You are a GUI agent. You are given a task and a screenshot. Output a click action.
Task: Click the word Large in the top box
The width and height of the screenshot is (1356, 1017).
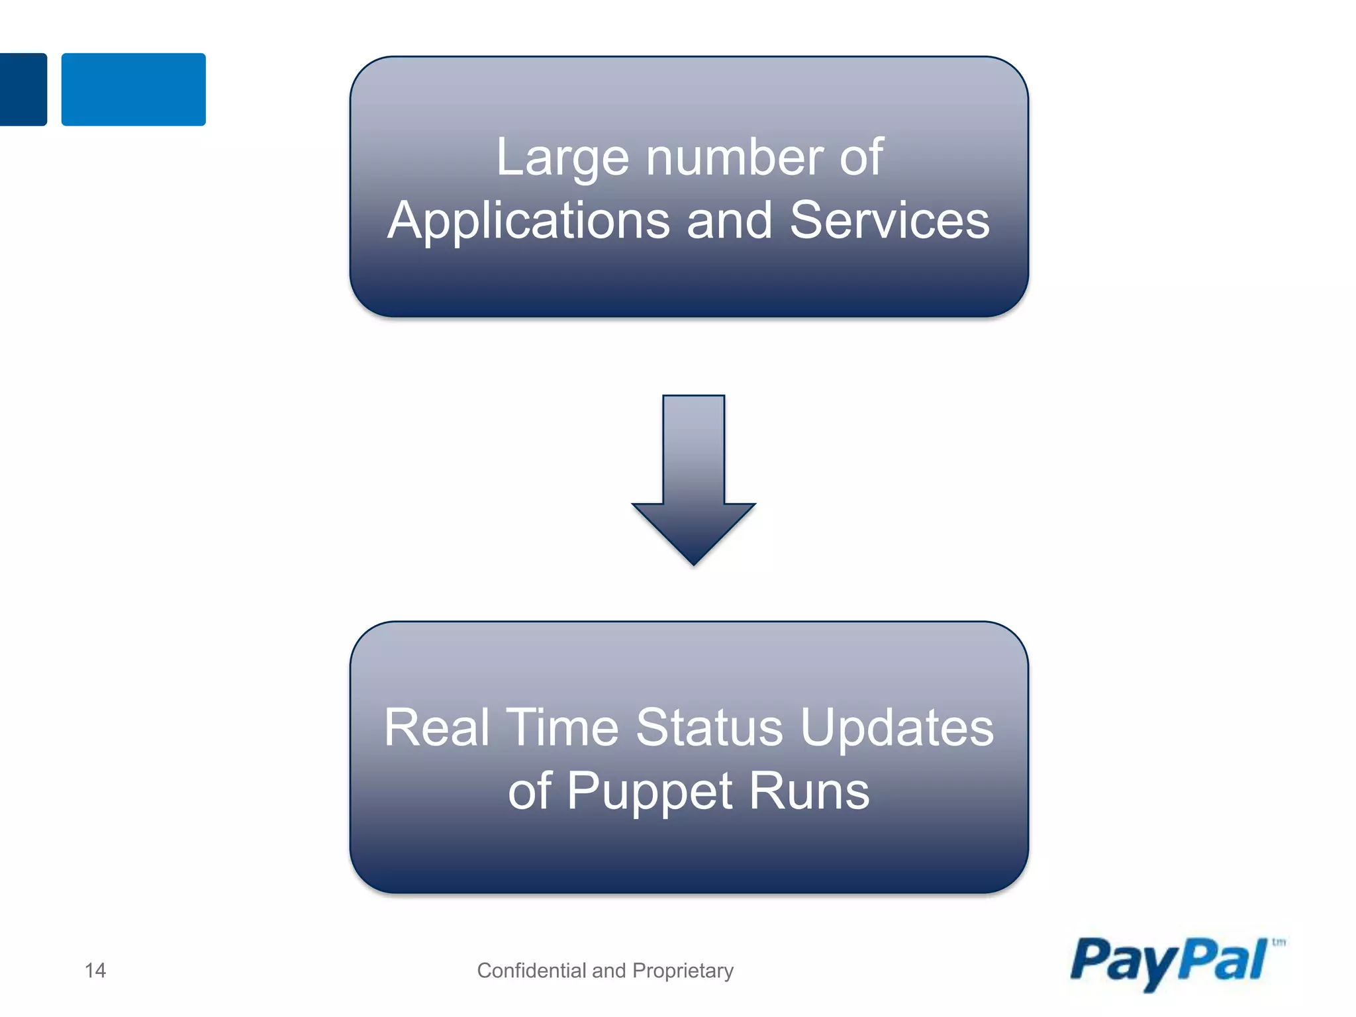[562, 159]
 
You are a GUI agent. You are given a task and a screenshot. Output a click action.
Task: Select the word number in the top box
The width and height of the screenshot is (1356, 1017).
[734, 158]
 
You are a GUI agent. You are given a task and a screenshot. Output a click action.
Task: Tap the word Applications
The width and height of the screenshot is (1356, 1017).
[528, 221]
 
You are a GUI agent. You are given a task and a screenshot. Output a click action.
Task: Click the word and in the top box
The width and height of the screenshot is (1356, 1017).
[729, 220]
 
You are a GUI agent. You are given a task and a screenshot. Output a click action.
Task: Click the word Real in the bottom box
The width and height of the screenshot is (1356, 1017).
[436, 728]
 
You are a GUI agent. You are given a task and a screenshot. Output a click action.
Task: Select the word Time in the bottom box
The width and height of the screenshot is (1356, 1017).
[562, 728]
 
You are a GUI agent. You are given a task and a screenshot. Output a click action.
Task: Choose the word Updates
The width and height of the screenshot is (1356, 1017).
[897, 728]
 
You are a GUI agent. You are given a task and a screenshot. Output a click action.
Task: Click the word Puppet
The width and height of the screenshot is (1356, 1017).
[650, 792]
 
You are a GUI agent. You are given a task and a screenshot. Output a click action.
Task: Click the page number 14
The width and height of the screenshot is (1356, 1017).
[95, 971]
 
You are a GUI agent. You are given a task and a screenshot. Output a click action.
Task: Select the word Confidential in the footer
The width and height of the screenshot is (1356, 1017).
[532, 971]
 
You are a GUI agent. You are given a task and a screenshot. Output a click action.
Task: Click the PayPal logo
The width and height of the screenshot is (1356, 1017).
[1169, 963]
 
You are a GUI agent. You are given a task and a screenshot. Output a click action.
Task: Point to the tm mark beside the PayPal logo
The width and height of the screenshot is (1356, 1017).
[1279, 942]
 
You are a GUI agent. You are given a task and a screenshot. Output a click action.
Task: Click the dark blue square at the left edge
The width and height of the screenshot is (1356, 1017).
[23, 89]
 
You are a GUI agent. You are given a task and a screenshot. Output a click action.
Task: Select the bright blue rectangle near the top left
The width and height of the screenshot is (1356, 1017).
[133, 89]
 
